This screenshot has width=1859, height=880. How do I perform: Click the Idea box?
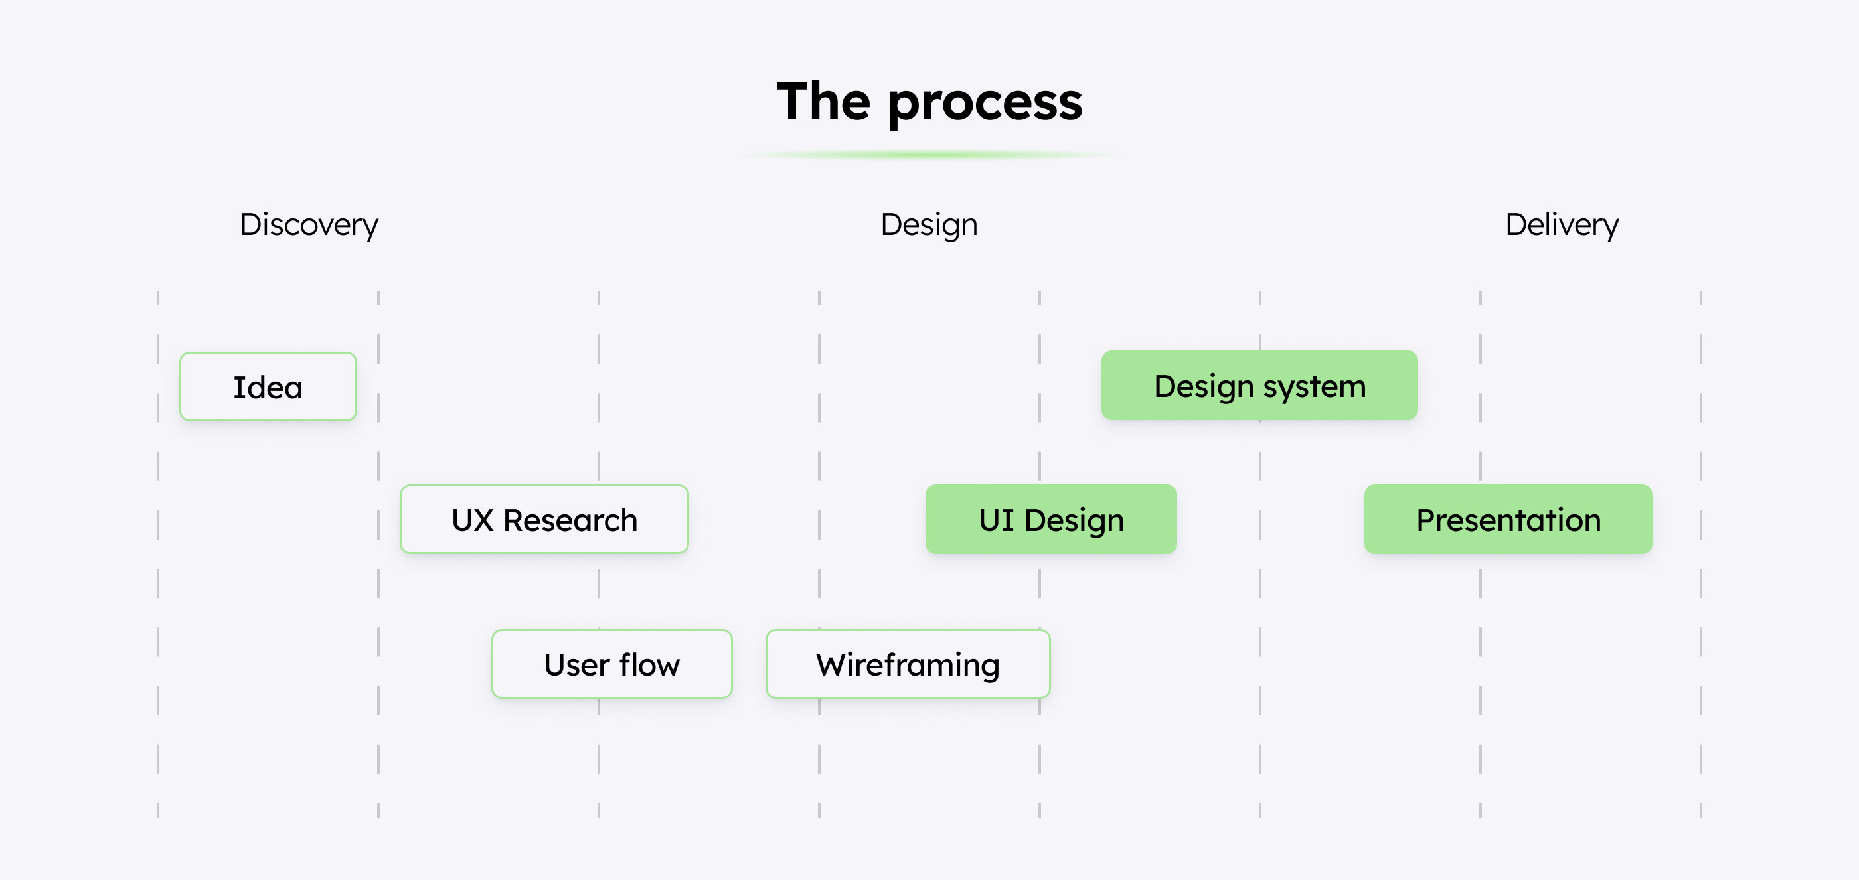coord(268,387)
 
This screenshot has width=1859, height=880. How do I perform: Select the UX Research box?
coord(544,520)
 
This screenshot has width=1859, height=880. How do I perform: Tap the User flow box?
coord(612,664)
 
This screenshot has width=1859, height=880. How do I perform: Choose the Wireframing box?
coord(908,664)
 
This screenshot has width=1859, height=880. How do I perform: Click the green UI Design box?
coord(1051,520)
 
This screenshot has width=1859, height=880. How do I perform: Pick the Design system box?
coord(1259,385)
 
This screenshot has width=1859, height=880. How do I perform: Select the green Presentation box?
coord(1508,520)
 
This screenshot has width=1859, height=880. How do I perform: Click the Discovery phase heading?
coord(309,225)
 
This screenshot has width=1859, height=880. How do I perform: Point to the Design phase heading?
coord(929,225)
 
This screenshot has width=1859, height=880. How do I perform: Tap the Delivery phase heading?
coord(1562,225)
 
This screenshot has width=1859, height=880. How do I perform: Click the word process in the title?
coord(985,103)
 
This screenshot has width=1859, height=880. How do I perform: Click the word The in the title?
coord(823,101)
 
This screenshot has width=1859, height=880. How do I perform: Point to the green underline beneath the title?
coord(929,155)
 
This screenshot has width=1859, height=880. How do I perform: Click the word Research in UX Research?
coord(570,520)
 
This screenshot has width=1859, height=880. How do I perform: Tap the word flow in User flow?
coord(649,664)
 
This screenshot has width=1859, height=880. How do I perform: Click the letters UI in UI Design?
coord(997,520)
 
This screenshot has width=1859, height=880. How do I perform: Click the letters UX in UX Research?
coord(473,520)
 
